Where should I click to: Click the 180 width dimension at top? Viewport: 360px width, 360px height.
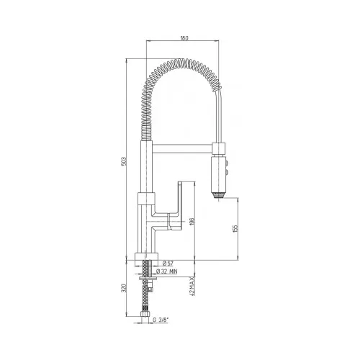point(184,38)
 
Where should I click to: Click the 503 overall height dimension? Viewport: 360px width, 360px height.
point(124,161)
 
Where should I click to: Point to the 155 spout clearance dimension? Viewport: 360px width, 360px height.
point(235,228)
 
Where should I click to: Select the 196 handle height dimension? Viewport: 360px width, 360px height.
point(192,221)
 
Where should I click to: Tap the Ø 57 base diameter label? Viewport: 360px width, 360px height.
point(168,264)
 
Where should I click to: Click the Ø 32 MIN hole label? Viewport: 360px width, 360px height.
point(166,271)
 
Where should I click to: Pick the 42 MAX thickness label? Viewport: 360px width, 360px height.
point(192,286)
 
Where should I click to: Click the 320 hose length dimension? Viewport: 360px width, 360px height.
point(124,288)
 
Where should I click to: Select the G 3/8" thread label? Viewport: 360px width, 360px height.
point(161,320)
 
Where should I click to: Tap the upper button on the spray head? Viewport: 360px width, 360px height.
point(226,163)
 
